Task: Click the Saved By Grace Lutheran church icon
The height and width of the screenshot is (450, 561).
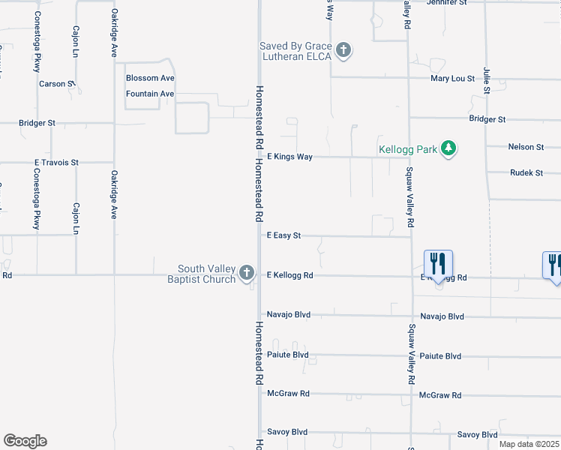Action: point(343,51)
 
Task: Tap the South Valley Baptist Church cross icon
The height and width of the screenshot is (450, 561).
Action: point(247,274)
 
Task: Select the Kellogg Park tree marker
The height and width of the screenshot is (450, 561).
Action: point(448,148)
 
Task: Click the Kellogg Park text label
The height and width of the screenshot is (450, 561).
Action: point(407,149)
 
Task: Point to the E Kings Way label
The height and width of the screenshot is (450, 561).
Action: point(289,157)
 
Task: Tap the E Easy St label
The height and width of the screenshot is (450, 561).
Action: point(284,235)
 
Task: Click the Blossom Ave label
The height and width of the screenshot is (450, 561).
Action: point(150,78)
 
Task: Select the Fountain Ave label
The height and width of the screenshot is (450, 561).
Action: point(150,94)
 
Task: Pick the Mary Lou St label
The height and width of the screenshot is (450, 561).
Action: point(452,78)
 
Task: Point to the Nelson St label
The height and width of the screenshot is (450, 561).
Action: point(525,147)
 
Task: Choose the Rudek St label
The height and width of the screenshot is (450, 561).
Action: point(526,172)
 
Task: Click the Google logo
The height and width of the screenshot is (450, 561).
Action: point(25,441)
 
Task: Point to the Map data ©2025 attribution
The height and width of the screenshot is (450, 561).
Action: point(528,444)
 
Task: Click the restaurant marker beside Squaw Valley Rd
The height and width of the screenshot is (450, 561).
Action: point(438,263)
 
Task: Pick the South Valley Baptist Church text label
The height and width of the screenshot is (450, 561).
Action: point(206,274)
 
